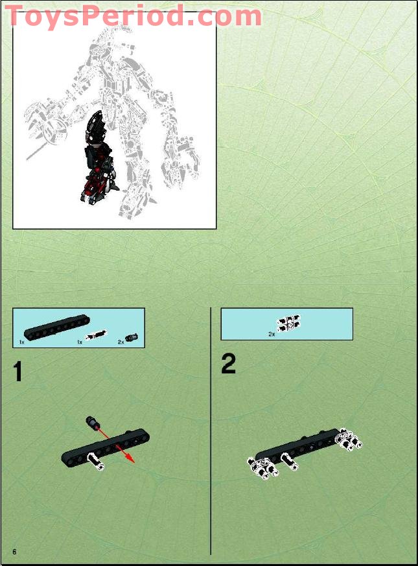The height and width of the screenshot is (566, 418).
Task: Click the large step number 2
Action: click(x=228, y=364)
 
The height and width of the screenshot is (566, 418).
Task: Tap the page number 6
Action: click(x=14, y=550)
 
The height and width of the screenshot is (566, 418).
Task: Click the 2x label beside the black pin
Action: click(x=121, y=341)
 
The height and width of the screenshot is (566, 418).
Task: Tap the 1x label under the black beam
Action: click(x=21, y=341)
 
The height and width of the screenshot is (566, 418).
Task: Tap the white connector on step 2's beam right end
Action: click(x=349, y=441)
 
